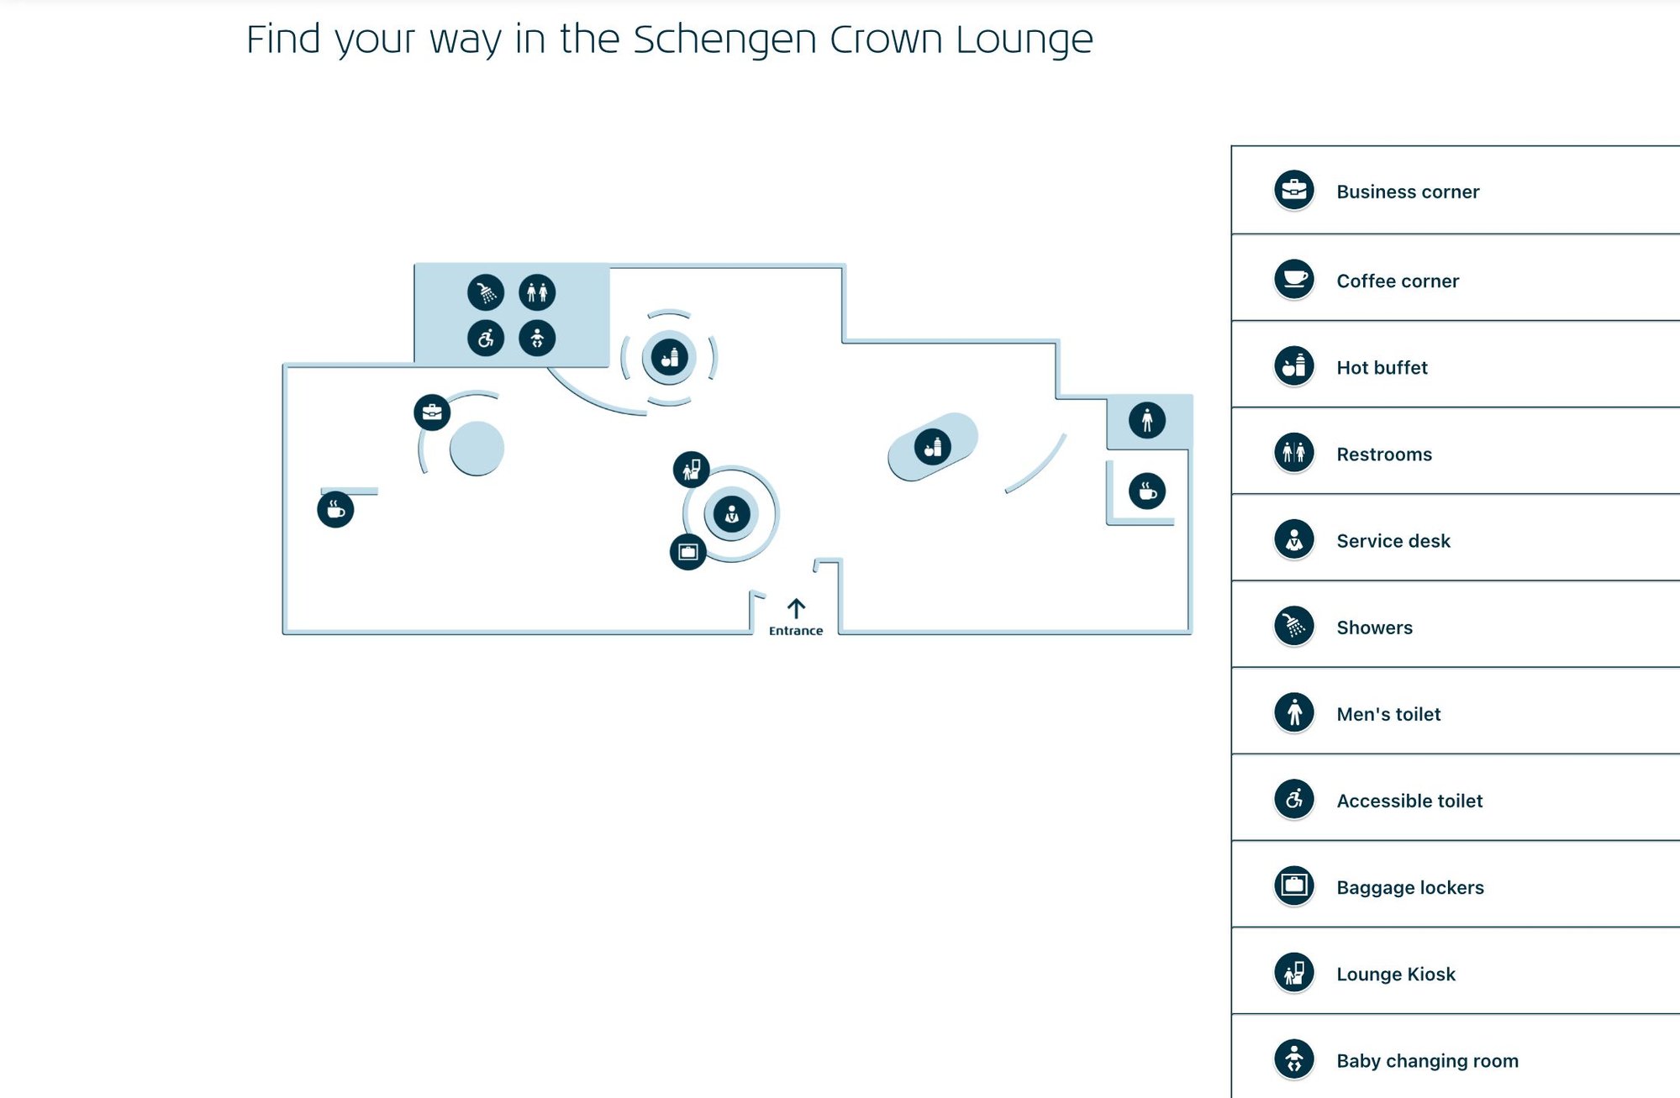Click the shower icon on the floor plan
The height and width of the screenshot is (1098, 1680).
486,293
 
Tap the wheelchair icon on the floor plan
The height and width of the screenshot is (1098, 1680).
486,339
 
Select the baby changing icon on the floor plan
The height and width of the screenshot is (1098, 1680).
537,339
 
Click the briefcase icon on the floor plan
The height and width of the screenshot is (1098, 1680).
432,412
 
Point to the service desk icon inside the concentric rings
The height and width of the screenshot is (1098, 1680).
731,513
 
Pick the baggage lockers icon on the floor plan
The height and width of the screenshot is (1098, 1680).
687,552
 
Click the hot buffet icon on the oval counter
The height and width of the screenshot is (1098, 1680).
932,447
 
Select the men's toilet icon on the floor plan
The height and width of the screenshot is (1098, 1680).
1146,420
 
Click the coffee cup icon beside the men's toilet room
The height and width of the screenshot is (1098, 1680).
1146,491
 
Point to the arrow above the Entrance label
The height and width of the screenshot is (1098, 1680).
796,607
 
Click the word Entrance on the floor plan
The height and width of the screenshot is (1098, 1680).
795,631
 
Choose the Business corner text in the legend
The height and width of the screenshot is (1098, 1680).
1407,192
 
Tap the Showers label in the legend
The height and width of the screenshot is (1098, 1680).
1374,628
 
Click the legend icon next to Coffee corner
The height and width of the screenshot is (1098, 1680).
1293,279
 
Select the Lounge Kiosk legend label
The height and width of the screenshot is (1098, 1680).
1395,975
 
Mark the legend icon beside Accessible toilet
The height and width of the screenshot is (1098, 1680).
1293,799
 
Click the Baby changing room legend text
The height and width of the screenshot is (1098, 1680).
1427,1061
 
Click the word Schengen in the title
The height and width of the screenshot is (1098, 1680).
724,39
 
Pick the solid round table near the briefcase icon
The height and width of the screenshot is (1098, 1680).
477,448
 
